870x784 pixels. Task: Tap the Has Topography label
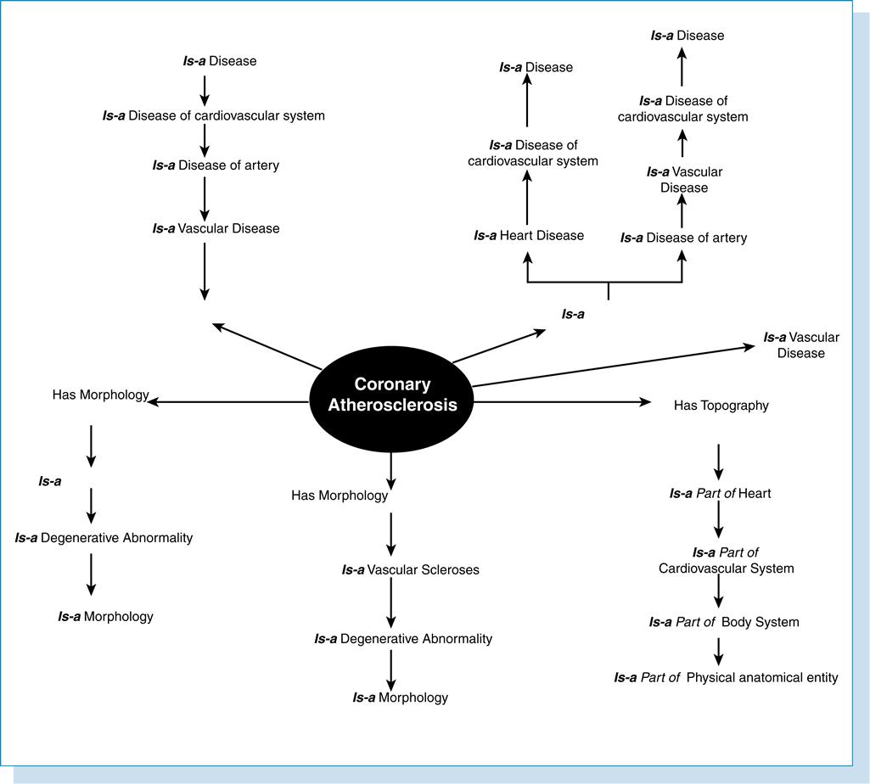(x=721, y=406)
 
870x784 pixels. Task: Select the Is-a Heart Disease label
(x=529, y=235)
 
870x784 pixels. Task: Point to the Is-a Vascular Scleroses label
(x=410, y=570)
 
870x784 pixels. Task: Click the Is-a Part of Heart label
(x=720, y=493)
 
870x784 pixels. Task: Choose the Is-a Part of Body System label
(x=723, y=622)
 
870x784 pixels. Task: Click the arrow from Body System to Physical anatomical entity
(x=720, y=649)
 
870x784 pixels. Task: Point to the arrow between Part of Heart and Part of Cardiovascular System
(x=720, y=521)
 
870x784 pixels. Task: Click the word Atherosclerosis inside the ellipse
(x=393, y=406)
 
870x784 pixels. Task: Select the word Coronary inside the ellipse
(x=392, y=384)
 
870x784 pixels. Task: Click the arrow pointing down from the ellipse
(x=390, y=468)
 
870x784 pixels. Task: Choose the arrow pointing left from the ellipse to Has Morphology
(x=229, y=401)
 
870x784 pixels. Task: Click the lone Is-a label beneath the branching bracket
(x=573, y=314)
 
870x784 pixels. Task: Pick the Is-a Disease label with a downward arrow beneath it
(x=203, y=61)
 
